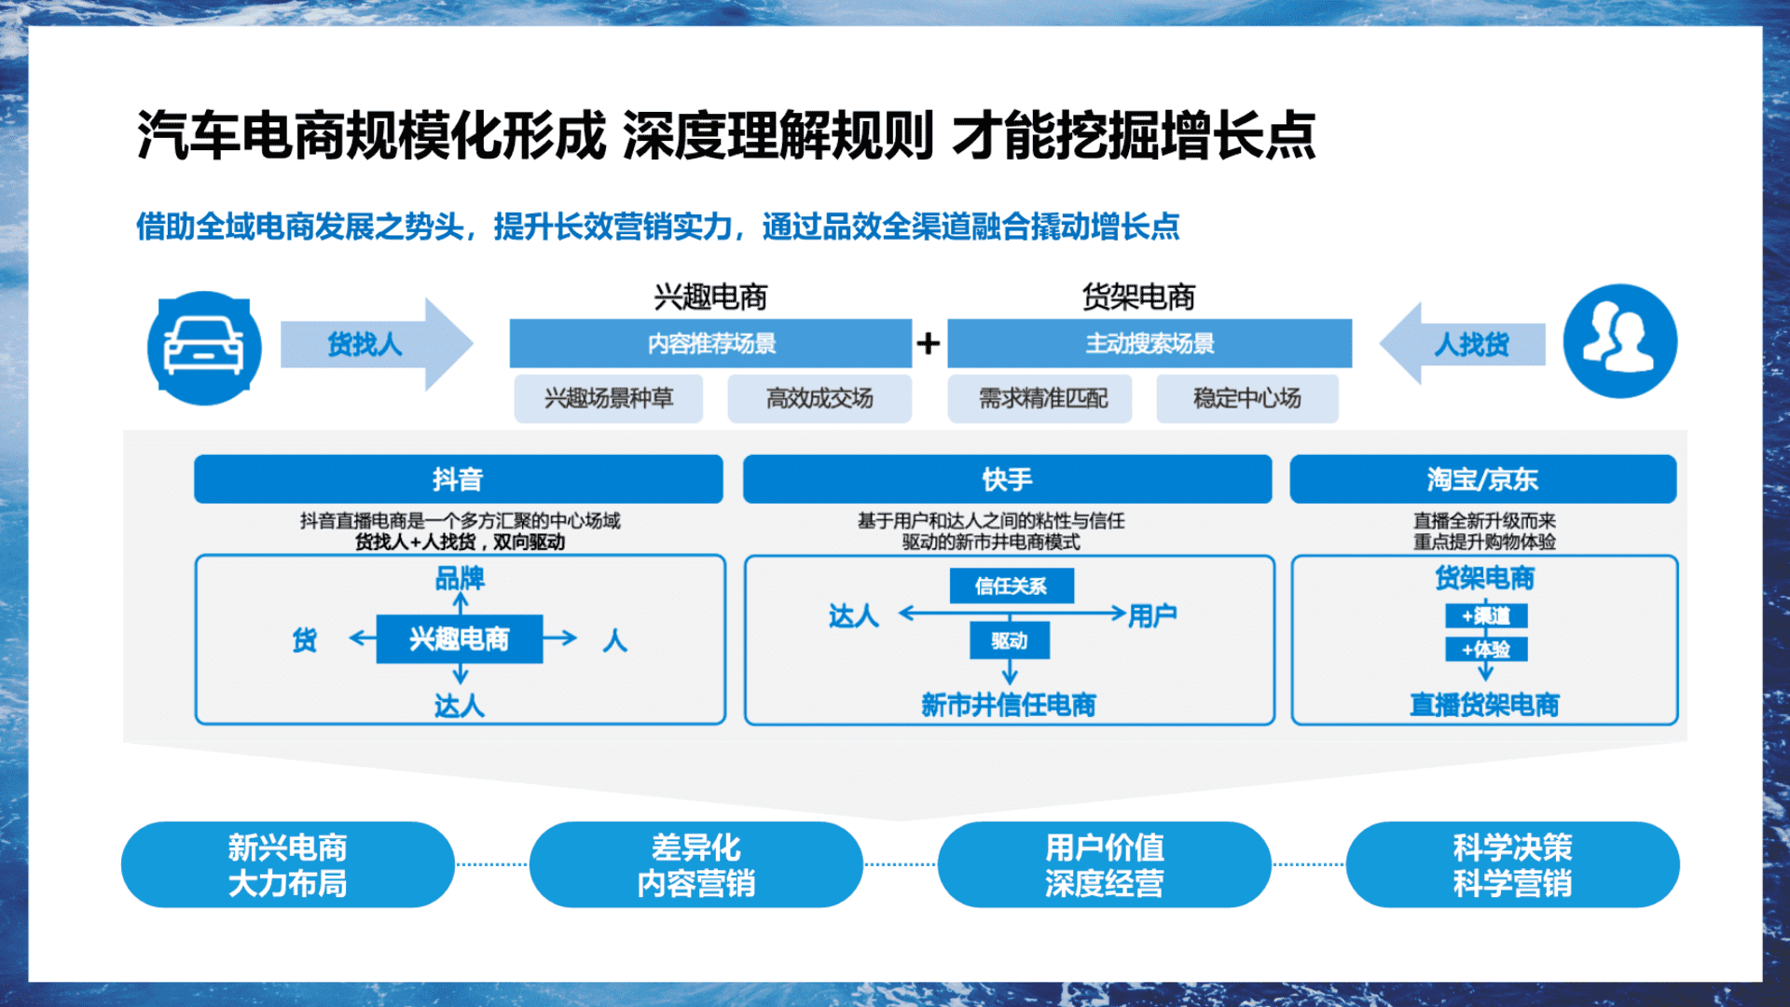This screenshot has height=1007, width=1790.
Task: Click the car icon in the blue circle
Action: click(x=204, y=347)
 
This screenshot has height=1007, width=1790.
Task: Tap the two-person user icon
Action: click(x=1620, y=340)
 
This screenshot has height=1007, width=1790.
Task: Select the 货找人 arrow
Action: click(x=377, y=344)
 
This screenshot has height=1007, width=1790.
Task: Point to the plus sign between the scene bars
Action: click(x=928, y=343)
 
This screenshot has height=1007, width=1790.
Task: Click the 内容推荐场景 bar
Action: click(x=710, y=343)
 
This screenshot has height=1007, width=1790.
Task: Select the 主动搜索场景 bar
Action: click(x=1150, y=343)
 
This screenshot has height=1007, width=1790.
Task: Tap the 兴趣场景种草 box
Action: click(x=608, y=398)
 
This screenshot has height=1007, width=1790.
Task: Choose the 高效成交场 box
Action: click(x=819, y=398)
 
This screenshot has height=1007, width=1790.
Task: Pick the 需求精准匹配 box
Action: click(x=1040, y=398)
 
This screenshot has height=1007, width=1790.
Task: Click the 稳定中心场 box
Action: click(x=1247, y=398)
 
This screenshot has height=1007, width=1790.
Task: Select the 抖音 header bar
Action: click(x=459, y=479)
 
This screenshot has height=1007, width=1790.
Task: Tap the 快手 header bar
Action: click(x=1007, y=479)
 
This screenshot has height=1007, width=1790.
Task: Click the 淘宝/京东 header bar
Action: click(x=1483, y=479)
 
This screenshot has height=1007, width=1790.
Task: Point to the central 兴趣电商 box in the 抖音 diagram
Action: click(x=460, y=639)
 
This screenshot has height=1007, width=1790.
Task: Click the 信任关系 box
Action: click(x=1012, y=586)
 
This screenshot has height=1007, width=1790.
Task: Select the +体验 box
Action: click(x=1486, y=649)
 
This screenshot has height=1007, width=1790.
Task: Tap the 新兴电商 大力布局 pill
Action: click(x=287, y=864)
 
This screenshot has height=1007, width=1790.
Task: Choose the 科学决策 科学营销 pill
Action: click(x=1512, y=864)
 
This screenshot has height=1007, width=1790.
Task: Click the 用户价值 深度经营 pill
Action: click(x=1104, y=864)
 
